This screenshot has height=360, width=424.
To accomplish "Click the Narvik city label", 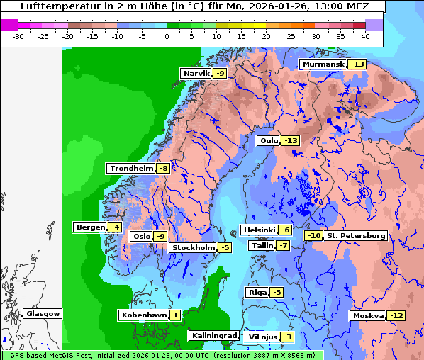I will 196,74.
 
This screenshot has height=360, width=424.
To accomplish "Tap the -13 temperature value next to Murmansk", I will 357,64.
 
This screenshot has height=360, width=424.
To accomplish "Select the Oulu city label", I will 269,141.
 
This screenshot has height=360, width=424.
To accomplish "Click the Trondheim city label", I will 131,169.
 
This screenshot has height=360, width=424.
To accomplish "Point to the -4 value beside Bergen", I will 115,227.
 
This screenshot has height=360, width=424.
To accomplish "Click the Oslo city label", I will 142,237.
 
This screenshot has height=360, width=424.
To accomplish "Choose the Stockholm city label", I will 193,247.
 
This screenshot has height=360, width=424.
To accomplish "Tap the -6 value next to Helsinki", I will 284,230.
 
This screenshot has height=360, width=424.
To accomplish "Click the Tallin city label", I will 262,246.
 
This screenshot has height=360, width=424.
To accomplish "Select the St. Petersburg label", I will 356,235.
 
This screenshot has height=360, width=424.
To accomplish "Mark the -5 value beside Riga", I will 277,293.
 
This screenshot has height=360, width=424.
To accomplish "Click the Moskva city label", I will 368,315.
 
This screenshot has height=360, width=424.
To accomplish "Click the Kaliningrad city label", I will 213,335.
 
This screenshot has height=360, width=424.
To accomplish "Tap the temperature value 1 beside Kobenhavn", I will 174,315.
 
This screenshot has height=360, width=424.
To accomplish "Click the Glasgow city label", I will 43,313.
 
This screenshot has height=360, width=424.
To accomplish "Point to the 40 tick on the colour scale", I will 365,36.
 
